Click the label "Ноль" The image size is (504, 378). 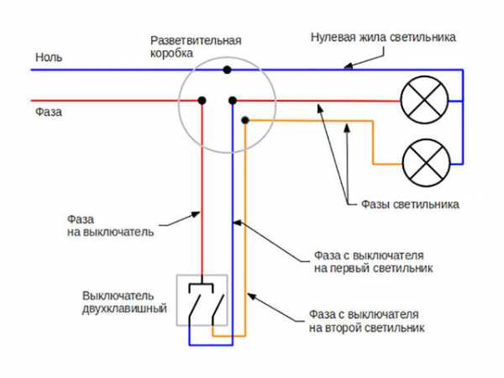48,58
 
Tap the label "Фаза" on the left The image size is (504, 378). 49,110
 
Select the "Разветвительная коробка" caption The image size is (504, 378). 196,46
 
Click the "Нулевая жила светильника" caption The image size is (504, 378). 382,38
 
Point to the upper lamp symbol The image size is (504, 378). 419,101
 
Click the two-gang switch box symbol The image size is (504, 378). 202,300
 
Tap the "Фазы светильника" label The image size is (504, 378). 410,204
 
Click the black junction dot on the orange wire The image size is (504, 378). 245,121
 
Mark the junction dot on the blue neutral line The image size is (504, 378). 225,70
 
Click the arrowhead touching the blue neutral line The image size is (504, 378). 346,68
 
